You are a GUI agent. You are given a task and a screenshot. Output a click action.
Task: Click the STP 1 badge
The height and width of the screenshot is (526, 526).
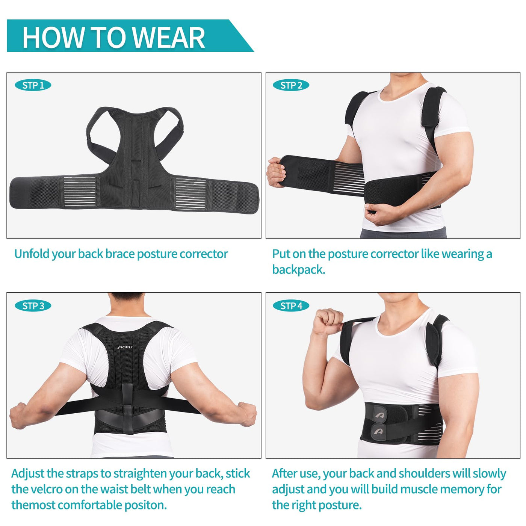click(x=33, y=85)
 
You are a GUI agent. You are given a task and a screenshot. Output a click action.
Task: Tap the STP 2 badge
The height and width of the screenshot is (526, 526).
click(x=291, y=85)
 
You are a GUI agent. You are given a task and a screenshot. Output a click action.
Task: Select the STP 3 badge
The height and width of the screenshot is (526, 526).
click(x=33, y=306)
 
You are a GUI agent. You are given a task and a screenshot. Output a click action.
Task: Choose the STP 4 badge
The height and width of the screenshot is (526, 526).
click(x=291, y=306)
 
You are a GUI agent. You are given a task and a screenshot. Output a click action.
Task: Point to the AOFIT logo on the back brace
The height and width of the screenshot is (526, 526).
click(x=125, y=347)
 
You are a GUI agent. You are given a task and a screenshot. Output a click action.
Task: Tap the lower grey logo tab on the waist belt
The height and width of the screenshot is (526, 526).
click(x=379, y=432)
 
